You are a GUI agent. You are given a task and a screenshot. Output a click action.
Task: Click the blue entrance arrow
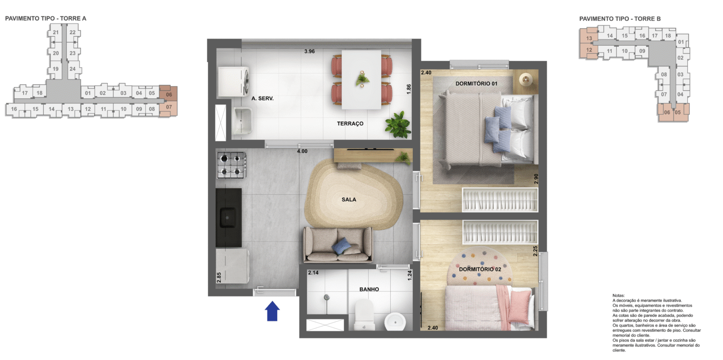273,312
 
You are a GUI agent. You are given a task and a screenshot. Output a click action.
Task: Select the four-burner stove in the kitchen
231,165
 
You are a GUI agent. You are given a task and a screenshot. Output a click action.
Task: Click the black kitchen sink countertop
229,217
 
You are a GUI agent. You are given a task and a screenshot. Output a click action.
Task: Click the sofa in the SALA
337,244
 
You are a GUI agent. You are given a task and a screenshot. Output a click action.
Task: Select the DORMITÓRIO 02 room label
480,270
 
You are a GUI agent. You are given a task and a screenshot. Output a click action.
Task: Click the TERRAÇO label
350,124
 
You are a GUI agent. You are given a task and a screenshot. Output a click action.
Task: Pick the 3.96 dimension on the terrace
309,51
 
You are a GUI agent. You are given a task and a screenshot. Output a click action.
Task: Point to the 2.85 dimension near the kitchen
219,277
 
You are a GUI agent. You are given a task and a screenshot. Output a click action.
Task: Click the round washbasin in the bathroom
395,322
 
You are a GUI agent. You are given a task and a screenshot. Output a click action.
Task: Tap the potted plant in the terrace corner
397,124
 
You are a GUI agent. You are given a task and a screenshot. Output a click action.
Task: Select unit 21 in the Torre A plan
56,32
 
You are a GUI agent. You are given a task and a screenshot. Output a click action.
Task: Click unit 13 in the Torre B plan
589,38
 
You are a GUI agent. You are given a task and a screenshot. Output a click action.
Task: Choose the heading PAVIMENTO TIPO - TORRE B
620,19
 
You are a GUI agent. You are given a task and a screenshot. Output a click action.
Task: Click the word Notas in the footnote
619,295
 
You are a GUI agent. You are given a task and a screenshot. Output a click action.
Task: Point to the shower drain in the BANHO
326,297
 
